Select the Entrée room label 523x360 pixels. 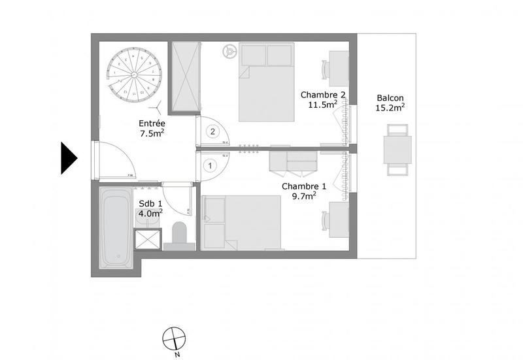[x=152, y=123]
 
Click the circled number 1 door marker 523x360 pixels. [x=211, y=166]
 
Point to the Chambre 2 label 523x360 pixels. [x=322, y=94]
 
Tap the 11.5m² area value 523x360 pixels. [x=323, y=104]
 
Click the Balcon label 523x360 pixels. [x=390, y=99]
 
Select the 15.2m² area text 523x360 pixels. [x=390, y=108]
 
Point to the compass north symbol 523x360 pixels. [x=173, y=338]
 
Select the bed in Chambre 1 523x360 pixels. [x=242, y=222]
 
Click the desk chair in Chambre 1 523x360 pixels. [x=325, y=221]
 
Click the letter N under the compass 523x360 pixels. [x=177, y=355]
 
